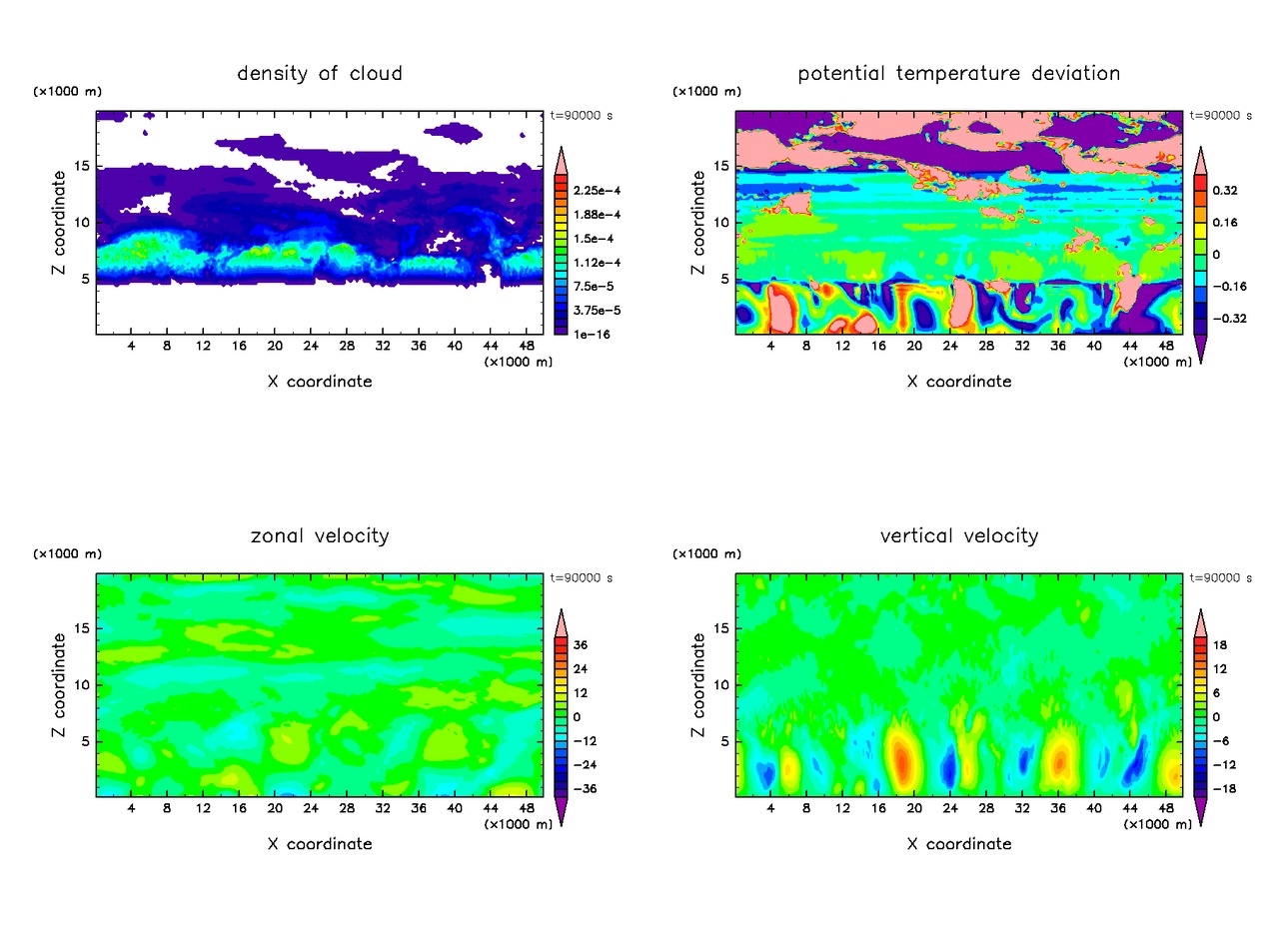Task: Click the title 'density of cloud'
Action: click(320, 73)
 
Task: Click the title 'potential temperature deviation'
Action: click(959, 73)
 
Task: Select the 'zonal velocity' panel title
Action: click(320, 536)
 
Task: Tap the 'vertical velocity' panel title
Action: click(959, 536)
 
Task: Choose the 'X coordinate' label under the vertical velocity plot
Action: click(960, 844)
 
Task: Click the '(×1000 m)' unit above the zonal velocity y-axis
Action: click(67, 553)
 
